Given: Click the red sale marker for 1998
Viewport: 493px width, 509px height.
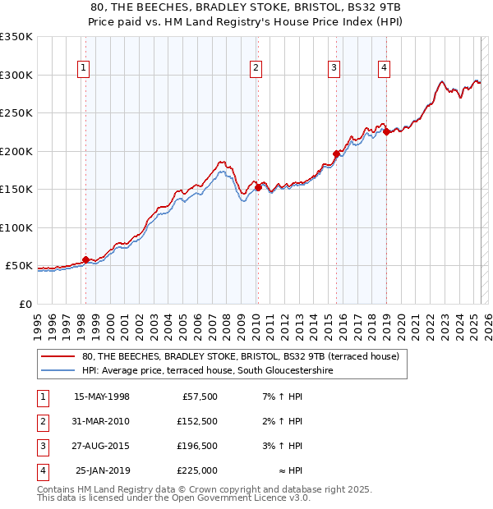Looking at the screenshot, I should click(x=85, y=260).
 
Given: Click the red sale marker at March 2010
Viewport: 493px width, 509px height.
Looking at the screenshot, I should click(x=257, y=187).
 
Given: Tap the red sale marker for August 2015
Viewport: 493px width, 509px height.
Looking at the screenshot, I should click(x=336, y=154).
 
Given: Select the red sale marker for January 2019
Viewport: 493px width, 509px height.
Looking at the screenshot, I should click(x=386, y=132).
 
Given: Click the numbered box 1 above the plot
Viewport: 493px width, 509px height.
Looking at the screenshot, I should click(x=85, y=68).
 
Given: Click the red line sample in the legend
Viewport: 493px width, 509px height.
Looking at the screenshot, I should click(x=58, y=357).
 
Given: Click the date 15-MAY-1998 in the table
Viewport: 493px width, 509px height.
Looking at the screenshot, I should click(x=102, y=397).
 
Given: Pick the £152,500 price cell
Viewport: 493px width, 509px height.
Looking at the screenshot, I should click(x=197, y=421).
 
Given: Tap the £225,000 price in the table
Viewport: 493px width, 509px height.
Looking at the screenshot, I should click(x=197, y=470).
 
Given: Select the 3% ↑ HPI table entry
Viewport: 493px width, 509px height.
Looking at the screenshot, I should click(x=283, y=446).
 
